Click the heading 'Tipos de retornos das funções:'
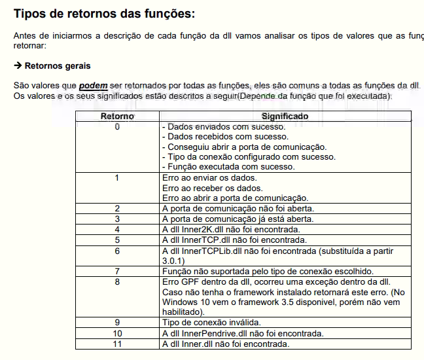pyautogui.click(x=104, y=13)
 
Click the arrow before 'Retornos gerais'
pyautogui.click(x=18, y=66)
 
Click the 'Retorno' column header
pyautogui.click(x=117, y=117)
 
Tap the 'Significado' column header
pyautogui.click(x=285, y=117)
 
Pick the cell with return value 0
pyautogui.click(x=117, y=126)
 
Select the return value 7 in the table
pyautogui.click(x=117, y=271)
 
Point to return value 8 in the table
pyautogui.click(x=117, y=281)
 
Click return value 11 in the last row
pyautogui.click(x=117, y=344)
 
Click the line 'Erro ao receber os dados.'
pyautogui.click(x=212, y=188)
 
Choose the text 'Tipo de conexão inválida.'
pyautogui.click(x=211, y=322)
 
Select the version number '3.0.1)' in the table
pyautogui.click(x=173, y=261)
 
